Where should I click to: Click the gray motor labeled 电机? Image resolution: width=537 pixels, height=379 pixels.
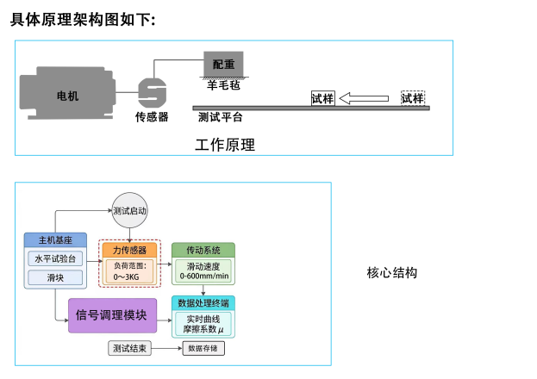[x=67, y=93]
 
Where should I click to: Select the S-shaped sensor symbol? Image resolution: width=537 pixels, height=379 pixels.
[x=152, y=93]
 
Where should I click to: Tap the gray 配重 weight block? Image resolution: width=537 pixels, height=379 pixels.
[x=223, y=64]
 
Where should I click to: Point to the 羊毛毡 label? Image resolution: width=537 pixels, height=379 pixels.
[x=223, y=85]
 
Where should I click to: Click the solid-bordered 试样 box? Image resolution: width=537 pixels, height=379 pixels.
[x=322, y=98]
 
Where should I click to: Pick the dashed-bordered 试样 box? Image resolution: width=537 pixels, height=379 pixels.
[x=413, y=98]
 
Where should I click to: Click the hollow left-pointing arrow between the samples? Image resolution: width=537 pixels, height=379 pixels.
[x=364, y=98]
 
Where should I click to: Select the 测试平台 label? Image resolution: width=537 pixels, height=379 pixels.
[x=220, y=117]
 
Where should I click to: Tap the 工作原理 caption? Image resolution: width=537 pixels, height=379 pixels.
[x=225, y=145]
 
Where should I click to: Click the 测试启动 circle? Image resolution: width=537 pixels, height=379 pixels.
[x=129, y=210]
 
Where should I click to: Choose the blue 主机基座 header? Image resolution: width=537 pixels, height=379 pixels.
[x=55, y=240]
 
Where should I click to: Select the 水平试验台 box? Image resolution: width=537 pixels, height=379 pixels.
[x=55, y=258]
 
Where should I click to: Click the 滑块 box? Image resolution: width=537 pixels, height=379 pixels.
[x=55, y=277]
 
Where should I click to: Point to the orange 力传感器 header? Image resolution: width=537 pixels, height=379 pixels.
[x=129, y=251]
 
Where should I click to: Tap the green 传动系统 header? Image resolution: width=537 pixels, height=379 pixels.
[x=203, y=251]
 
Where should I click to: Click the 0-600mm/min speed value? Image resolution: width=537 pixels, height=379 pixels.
[x=204, y=276]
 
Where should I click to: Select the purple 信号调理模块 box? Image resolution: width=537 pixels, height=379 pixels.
[x=112, y=315]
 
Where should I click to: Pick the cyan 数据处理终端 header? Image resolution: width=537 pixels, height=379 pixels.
[x=203, y=303]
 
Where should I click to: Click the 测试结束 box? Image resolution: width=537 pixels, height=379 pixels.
[x=129, y=349]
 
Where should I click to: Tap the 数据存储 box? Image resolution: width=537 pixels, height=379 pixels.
[x=203, y=349]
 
